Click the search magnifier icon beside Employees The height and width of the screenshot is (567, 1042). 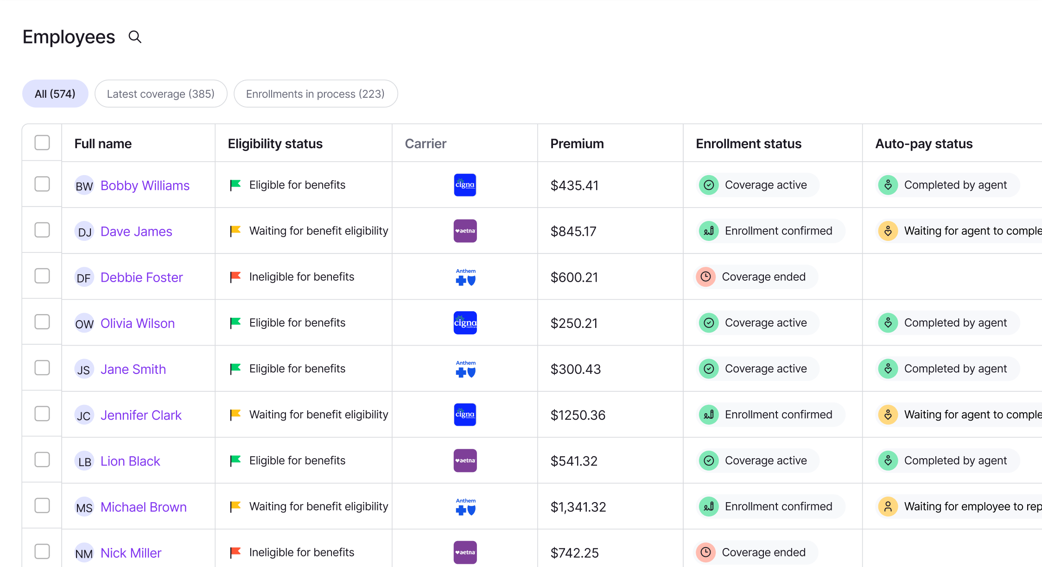[135, 37]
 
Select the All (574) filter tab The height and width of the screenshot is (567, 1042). [55, 94]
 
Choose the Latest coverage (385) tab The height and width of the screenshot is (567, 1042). [161, 94]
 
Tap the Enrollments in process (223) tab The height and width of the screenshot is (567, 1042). [315, 94]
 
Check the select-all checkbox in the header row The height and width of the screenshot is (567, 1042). [42, 143]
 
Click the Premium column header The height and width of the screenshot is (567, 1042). [577, 144]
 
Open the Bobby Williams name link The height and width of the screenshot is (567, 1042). [145, 186]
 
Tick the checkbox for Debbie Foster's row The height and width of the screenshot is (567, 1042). [42, 276]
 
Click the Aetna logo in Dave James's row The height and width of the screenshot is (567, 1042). [465, 231]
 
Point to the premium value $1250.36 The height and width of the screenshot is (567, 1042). [578, 415]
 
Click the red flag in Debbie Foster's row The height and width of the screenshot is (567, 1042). [235, 277]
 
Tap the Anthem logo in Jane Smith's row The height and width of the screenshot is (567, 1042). [465, 369]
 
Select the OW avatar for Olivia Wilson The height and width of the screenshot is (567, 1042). [84, 323]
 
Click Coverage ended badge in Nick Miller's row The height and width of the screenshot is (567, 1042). [756, 552]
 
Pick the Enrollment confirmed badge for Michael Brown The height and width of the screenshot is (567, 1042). [771, 506]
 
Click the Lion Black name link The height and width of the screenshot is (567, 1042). [130, 461]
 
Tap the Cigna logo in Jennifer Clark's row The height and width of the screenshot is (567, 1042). [465, 415]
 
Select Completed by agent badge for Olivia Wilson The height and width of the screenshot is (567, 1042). [948, 323]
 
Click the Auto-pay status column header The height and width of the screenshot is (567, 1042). [924, 144]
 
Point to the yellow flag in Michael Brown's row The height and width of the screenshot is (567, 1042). [235, 506]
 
